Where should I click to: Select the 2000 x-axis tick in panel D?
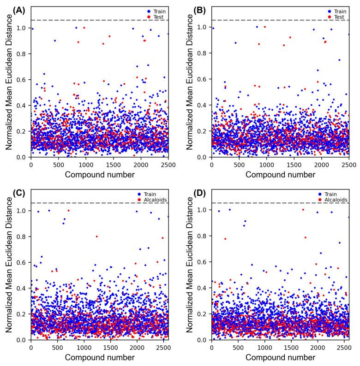[318, 347]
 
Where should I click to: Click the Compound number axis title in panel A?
[100, 175]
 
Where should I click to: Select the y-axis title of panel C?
[9, 266]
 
